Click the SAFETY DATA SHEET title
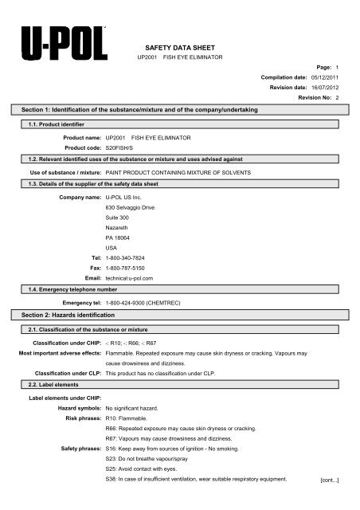[x=182, y=48]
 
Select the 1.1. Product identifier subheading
[x=57, y=125]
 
